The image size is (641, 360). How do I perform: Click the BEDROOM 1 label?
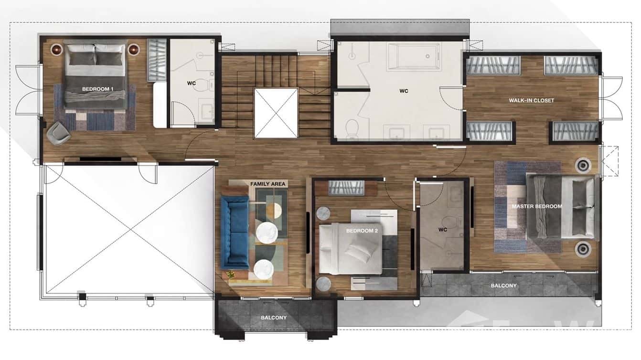click(x=97, y=89)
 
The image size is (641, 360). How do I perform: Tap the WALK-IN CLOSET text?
click(x=531, y=100)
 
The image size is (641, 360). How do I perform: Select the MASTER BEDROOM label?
click(x=536, y=206)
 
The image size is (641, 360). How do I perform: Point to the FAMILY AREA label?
click(x=267, y=184)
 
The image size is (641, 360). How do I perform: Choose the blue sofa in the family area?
click(x=235, y=232)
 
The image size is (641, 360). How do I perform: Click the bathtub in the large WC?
click(x=413, y=56)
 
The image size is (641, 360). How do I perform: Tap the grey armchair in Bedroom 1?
click(x=58, y=132)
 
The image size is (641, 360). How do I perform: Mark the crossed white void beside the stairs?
click(x=276, y=113)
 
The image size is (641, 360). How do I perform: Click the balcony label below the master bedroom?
click(x=503, y=286)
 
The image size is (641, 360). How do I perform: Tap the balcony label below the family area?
click(x=274, y=318)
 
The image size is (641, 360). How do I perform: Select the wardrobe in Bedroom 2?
click(x=346, y=188)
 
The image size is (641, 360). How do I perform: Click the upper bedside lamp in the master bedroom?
click(x=583, y=165)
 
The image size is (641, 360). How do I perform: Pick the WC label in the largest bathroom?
click(x=404, y=91)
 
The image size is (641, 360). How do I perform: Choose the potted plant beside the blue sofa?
click(x=230, y=275)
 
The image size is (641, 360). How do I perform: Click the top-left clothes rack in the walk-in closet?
click(x=493, y=65)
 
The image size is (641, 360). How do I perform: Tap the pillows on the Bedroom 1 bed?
click(x=95, y=55)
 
